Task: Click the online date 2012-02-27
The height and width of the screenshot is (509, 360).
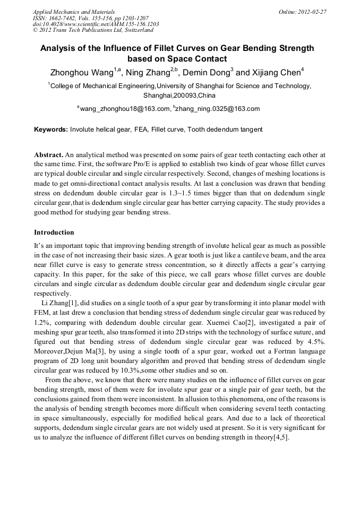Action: pos(312,11)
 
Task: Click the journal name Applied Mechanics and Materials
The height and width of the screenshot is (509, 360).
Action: pos(74,11)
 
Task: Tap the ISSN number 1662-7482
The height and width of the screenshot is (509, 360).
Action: pos(64,18)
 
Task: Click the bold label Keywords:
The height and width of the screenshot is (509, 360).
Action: pos(51,129)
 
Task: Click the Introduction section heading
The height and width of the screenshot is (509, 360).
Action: pos(54,232)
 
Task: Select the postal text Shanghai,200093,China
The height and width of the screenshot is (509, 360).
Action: pos(179,96)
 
